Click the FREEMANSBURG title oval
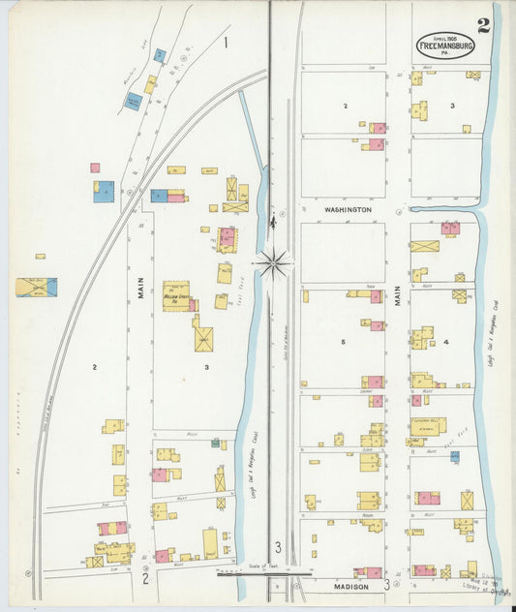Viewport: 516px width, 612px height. click(446, 46)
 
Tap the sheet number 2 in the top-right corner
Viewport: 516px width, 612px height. click(483, 24)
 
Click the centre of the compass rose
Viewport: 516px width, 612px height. click(274, 260)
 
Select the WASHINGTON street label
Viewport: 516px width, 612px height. click(349, 209)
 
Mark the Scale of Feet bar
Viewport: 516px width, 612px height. click(244, 572)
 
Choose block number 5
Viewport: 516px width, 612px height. click(343, 342)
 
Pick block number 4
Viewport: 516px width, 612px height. click(446, 342)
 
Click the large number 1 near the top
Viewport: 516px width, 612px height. click(226, 42)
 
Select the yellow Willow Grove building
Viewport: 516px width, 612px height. click(176, 295)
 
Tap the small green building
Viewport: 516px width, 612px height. click(216, 443)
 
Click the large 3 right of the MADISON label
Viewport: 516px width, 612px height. click(387, 584)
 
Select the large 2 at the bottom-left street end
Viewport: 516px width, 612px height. click(145, 580)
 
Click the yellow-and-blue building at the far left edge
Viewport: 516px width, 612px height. click(36, 287)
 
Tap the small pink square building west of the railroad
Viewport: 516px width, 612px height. click(95, 168)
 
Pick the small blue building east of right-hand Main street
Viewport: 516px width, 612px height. click(454, 455)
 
